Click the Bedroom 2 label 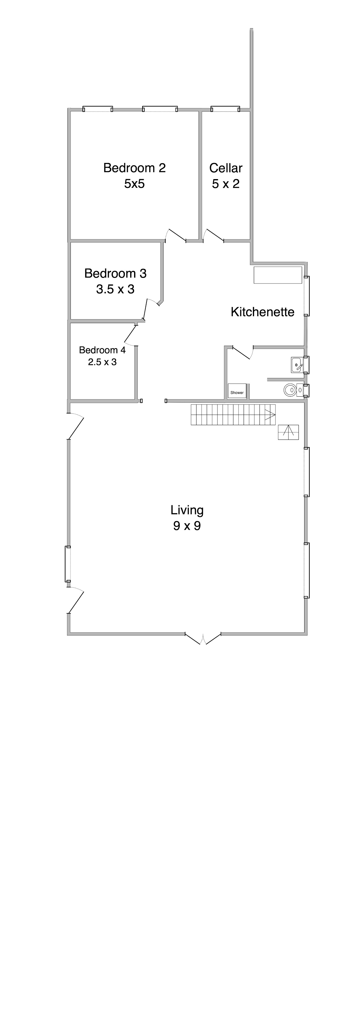[134, 168]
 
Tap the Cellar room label [226, 168]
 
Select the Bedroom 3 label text [115, 274]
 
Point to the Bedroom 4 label [102, 350]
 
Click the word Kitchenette [262, 312]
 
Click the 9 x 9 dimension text [187, 526]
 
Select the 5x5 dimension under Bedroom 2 [134, 184]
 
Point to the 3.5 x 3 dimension [115, 289]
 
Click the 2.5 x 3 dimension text [102, 362]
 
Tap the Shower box [237, 391]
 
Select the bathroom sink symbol [297, 365]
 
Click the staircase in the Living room [233, 415]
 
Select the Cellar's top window [225, 109]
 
